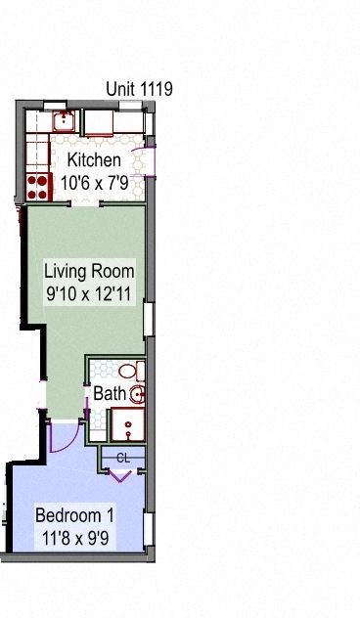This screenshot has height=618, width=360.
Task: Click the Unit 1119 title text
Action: pyautogui.click(x=140, y=90)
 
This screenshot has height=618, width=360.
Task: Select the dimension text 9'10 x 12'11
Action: pyautogui.click(x=89, y=291)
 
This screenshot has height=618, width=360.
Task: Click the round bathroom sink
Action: pyautogui.click(x=138, y=395)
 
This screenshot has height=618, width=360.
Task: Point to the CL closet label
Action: pyautogui.click(x=122, y=457)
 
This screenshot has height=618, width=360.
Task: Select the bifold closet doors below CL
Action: pyautogui.click(x=121, y=473)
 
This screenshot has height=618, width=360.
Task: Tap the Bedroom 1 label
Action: pyautogui.click(x=75, y=515)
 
